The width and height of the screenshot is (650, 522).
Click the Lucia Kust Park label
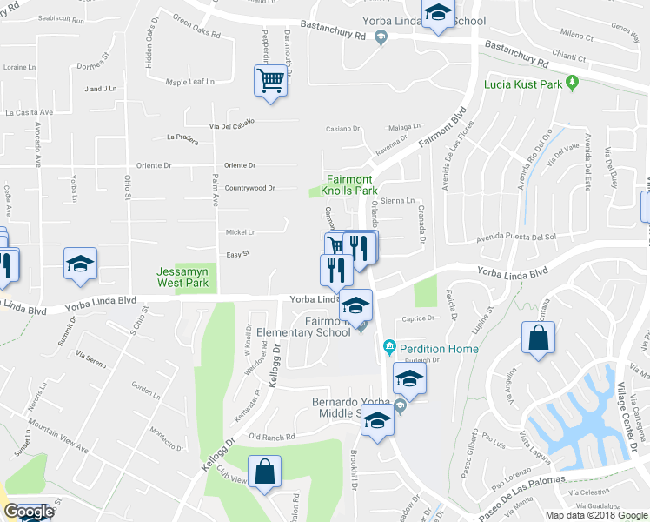522,84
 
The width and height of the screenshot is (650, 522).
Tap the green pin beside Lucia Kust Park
572,84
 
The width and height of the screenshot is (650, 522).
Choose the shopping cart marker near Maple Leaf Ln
271,82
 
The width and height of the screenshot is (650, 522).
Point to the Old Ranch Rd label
272,437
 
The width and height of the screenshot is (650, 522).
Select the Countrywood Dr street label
249,188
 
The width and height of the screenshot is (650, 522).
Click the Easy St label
238,254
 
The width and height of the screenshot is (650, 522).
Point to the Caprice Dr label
418,318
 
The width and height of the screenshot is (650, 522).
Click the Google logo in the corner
28,512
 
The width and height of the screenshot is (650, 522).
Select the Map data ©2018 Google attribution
597,515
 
